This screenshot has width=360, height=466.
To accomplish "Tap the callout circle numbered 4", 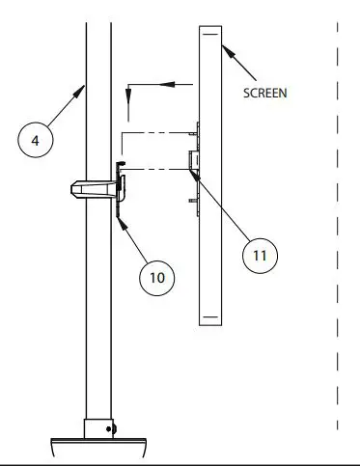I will (x=37, y=141).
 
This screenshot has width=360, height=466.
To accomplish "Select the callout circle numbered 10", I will (x=156, y=277).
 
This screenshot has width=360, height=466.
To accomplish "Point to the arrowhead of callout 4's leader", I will (x=83, y=90).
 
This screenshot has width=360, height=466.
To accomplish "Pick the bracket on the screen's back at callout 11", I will (x=193, y=160).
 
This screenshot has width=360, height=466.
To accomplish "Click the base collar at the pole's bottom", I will (x=97, y=427).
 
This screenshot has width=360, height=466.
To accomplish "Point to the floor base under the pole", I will (x=97, y=447).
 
